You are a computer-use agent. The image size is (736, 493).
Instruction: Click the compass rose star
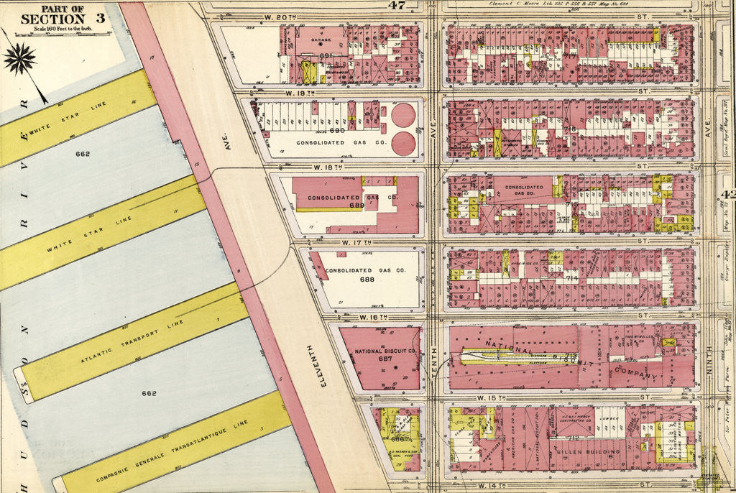click(19, 58)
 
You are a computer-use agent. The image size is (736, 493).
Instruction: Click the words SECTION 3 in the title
click(63, 18)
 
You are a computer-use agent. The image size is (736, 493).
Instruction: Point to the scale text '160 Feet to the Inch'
click(63, 29)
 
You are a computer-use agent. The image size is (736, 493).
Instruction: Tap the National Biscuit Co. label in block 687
click(385, 351)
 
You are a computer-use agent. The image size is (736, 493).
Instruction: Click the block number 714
click(572, 278)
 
